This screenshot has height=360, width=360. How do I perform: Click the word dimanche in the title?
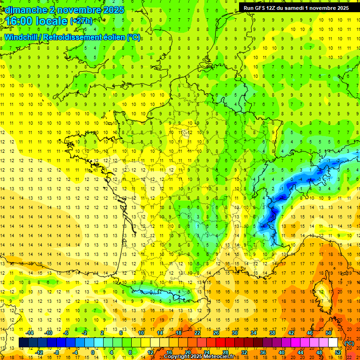click(22, 10)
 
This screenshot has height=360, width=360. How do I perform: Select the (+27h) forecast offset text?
click(81, 21)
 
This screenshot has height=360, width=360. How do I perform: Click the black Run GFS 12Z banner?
click(296, 8)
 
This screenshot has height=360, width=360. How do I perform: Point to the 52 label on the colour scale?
click(338, 352)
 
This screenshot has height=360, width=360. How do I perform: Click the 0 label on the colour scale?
click(93, 352)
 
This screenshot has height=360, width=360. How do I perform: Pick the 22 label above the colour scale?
click(197, 333)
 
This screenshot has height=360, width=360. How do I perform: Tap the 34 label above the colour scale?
click(254, 333)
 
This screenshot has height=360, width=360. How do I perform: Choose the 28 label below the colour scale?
click(225, 352)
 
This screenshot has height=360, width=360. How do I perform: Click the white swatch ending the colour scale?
click(333, 343)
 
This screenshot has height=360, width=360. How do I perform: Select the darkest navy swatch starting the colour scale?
click(23, 343)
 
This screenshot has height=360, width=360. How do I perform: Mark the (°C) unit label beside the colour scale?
click(349, 343)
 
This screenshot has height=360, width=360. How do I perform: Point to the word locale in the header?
click(51, 21)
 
